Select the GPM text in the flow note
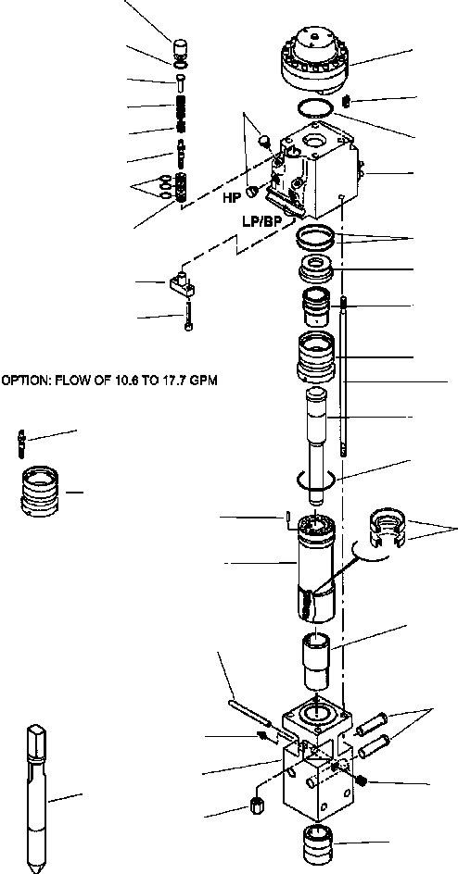[203, 381]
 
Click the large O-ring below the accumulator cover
[316, 107]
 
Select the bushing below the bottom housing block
[317, 843]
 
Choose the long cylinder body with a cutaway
[315, 568]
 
